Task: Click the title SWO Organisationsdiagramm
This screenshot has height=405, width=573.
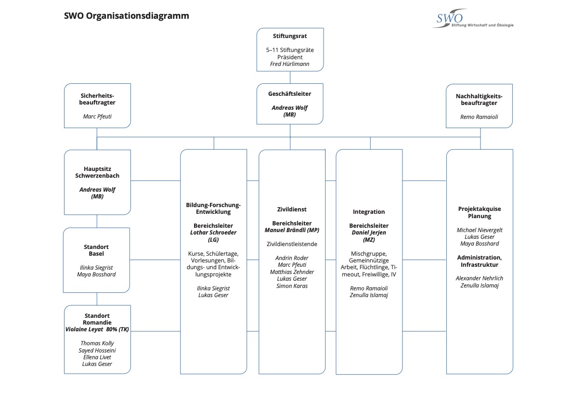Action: (x=127, y=16)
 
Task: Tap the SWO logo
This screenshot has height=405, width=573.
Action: (x=473, y=19)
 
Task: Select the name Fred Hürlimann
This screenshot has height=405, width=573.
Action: (x=290, y=64)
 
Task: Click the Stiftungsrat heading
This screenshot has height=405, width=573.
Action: (x=290, y=36)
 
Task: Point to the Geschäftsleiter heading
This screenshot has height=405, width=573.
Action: (x=290, y=93)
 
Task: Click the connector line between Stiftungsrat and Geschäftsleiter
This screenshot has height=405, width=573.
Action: (x=290, y=78)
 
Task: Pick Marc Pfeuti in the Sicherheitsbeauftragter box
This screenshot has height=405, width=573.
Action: (x=97, y=116)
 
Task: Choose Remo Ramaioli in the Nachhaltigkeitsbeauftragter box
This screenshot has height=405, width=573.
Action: (x=479, y=117)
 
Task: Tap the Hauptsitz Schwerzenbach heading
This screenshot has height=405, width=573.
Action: (x=97, y=172)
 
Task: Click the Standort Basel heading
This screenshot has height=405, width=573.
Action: (x=96, y=250)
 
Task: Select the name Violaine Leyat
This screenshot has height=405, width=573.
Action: (x=84, y=329)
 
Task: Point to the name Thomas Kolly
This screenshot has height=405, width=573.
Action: (x=97, y=343)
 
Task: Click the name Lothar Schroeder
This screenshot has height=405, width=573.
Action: (x=213, y=233)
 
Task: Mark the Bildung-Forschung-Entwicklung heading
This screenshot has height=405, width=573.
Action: (x=213, y=209)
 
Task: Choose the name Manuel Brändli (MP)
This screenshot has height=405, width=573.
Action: (x=292, y=230)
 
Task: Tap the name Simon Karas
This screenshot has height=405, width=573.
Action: (x=292, y=286)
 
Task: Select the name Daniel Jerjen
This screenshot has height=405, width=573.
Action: (x=369, y=233)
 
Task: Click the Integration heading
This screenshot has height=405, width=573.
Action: (x=369, y=211)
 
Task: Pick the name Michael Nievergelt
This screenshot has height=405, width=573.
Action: (x=480, y=230)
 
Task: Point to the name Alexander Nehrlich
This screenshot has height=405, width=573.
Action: (x=480, y=278)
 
